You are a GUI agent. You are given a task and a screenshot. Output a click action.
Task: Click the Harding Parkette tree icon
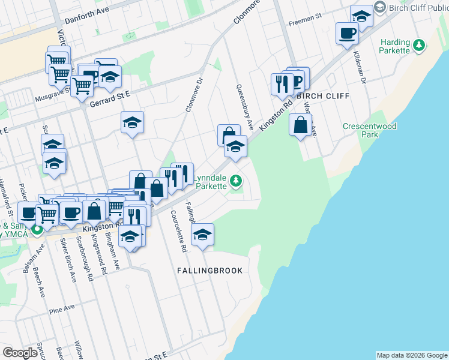click(420, 44)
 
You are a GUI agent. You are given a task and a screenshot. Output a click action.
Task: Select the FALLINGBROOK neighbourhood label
click(210, 271)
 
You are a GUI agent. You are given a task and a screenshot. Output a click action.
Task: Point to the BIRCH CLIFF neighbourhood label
click(322, 96)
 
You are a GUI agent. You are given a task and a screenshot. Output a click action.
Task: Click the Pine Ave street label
click(62, 309)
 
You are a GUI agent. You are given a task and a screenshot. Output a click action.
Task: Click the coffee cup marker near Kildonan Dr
click(347, 33)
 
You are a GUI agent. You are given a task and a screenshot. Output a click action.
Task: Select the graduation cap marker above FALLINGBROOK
click(203, 233)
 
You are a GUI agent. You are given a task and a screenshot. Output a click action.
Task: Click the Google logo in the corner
click(20, 353)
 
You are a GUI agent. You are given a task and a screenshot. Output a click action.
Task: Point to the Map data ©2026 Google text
click(411, 355)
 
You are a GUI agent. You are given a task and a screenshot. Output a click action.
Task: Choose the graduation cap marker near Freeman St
click(361, 16)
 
